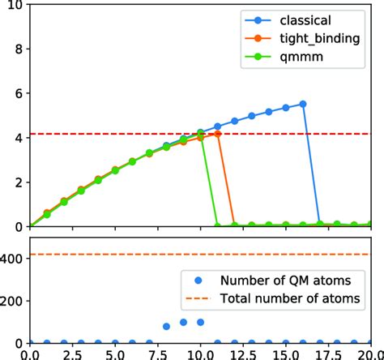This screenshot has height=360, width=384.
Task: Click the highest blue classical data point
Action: pos(303,104)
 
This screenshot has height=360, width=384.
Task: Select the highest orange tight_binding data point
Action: pos(218,134)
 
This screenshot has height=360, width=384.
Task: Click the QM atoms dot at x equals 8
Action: pos(167,326)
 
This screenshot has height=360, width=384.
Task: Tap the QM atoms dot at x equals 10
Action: pos(201,322)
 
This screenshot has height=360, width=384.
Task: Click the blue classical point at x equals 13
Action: pos(252,116)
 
